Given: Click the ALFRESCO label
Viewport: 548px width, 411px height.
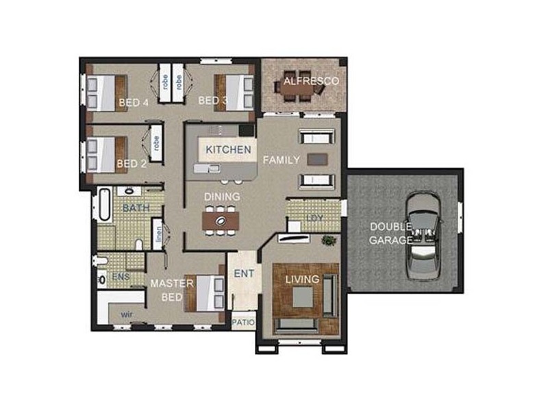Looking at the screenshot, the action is tap(311, 81).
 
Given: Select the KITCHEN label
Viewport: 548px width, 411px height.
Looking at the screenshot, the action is tap(228, 149).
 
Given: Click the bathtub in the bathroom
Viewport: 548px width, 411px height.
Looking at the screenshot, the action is tap(105, 205).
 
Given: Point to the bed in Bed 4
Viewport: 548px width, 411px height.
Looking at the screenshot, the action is tap(107, 93).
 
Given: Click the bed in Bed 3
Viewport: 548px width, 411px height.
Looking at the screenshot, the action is tap(234, 92).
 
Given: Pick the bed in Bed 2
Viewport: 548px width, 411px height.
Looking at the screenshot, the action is tap(107, 155).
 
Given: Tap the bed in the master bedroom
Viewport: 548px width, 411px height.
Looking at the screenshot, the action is tap(204, 293).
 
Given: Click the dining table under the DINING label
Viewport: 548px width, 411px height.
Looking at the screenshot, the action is tap(221, 221).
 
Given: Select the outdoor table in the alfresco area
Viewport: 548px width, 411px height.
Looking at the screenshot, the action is tap(298, 90).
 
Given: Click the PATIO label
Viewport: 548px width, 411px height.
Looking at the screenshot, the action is tap(244, 322).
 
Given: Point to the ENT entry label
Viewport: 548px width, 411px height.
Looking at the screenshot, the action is tap(244, 273).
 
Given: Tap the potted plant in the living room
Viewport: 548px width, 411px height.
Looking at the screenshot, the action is tap(329, 240).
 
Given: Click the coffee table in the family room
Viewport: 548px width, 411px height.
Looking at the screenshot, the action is tap(317, 160).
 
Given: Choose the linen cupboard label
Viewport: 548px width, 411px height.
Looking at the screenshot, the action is tap(158, 234).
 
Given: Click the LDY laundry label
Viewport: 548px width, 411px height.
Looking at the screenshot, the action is tap(314, 218).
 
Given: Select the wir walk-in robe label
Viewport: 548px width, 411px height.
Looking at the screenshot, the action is tap(127, 314).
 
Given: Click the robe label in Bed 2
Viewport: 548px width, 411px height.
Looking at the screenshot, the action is tap(156, 143).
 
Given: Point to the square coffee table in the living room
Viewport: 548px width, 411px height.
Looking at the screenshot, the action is tap(302, 297).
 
